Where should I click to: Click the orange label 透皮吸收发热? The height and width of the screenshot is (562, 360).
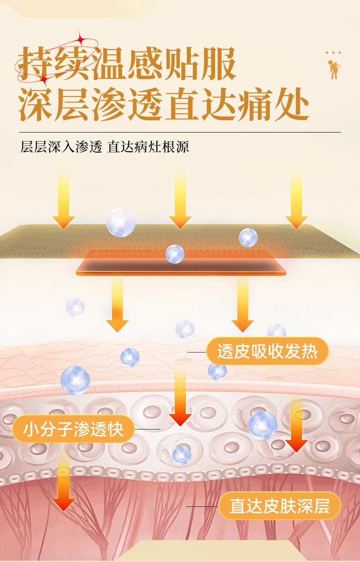[x=267, y=352]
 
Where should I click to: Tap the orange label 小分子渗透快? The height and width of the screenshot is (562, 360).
[x=73, y=429]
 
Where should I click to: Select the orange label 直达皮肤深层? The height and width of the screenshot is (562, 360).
[x=280, y=506]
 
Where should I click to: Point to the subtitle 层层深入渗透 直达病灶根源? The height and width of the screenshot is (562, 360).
[x=105, y=148]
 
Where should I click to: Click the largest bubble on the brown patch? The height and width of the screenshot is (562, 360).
[x=121, y=222]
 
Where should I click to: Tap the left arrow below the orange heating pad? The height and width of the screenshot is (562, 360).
[x=118, y=305]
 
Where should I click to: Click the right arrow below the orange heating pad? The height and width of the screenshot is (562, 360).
[x=242, y=305]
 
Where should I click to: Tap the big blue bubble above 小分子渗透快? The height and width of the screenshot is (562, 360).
[x=75, y=380]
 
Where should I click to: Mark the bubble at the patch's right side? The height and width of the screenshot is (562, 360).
[x=248, y=238]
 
